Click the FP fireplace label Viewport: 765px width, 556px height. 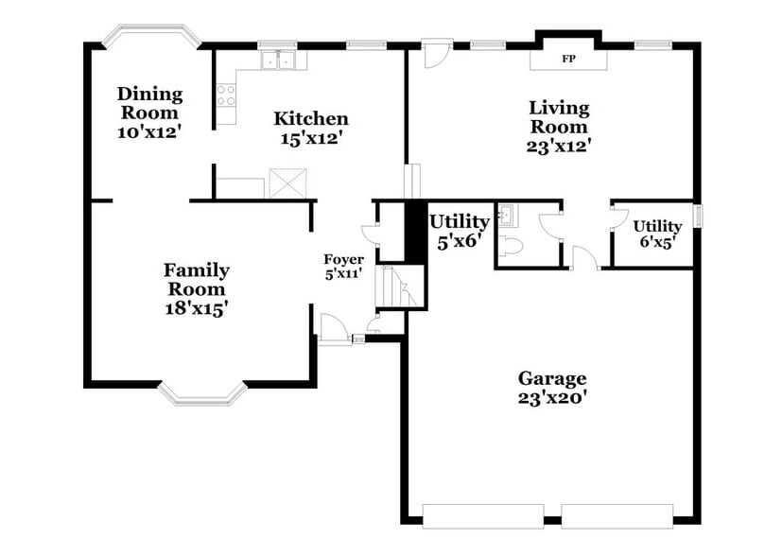568,59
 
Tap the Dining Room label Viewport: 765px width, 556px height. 148,102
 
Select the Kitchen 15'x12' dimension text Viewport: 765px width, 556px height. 311,138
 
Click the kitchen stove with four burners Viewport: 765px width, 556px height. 226,95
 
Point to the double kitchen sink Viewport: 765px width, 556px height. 278,61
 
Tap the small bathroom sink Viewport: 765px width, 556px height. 506,216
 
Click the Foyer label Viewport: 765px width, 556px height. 343,260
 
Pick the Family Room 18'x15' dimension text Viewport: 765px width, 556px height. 196,308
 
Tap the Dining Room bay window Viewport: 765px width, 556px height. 151,35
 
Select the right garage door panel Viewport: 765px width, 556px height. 617,516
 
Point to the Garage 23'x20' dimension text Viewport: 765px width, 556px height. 552,399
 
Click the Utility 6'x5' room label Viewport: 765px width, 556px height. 657,234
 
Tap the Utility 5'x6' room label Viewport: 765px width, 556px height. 460,230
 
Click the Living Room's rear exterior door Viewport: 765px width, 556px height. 435,55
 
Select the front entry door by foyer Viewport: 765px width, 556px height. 334,330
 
